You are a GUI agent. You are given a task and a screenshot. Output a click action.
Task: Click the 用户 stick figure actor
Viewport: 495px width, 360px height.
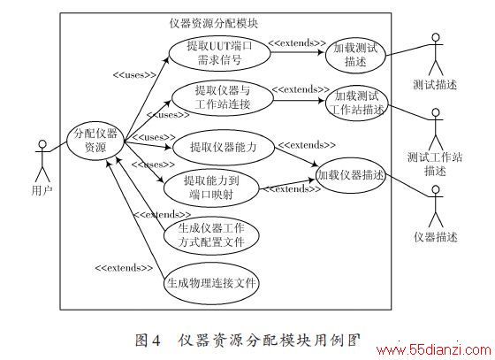pyautogui.click(x=42, y=161)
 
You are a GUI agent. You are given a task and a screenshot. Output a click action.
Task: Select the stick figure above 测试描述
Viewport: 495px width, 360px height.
pyautogui.click(x=436, y=54)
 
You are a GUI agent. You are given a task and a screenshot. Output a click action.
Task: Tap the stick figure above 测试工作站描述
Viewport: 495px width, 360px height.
pyautogui.click(x=436, y=129)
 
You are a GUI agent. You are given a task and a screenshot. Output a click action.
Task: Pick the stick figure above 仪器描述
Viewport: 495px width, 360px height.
pyautogui.click(x=436, y=206)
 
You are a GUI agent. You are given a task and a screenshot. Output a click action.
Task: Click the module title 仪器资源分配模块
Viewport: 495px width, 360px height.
pyautogui.click(x=213, y=23)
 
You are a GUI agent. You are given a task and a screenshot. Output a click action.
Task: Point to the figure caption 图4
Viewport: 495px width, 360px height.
pyautogui.click(x=148, y=341)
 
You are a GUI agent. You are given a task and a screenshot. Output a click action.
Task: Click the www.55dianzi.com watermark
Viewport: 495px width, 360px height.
pyautogui.click(x=435, y=350)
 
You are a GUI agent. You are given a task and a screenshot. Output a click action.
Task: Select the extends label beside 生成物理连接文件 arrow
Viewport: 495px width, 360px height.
pyautogui.click(x=124, y=268)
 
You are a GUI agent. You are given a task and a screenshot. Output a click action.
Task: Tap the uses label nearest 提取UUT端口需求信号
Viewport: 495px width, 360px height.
pyautogui.click(x=134, y=75)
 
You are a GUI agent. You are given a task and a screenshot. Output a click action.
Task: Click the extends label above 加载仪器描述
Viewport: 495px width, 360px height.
pyautogui.click(x=306, y=145)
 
